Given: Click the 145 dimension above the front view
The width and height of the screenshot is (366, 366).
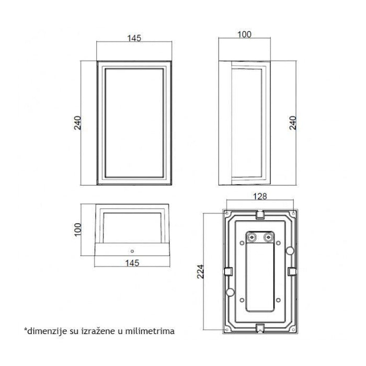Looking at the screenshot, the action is [x=134, y=38].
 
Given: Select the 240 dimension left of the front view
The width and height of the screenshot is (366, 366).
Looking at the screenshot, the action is [x=77, y=123].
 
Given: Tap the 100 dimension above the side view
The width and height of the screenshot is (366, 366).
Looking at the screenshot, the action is [x=244, y=35].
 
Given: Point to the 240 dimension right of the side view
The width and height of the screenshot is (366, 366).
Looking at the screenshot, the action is [x=293, y=123].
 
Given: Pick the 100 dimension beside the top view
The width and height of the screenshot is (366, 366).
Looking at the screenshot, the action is [x=78, y=230].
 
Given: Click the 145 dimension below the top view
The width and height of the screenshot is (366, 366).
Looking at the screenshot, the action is [x=132, y=263].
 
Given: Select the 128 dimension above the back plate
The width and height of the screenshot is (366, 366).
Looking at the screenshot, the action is [x=260, y=197].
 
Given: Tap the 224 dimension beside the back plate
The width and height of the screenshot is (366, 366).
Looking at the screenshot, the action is [x=200, y=271].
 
